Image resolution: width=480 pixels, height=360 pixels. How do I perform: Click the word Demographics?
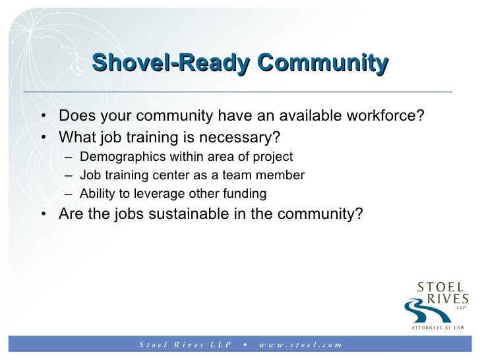[x=115, y=157]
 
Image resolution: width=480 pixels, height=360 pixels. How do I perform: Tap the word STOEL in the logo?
[x=440, y=287]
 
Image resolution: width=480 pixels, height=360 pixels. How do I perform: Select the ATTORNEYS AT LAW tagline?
[x=438, y=328]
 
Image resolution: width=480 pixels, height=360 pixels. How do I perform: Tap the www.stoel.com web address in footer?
[x=300, y=344]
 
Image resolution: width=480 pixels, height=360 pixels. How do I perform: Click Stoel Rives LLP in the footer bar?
[x=185, y=344]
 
